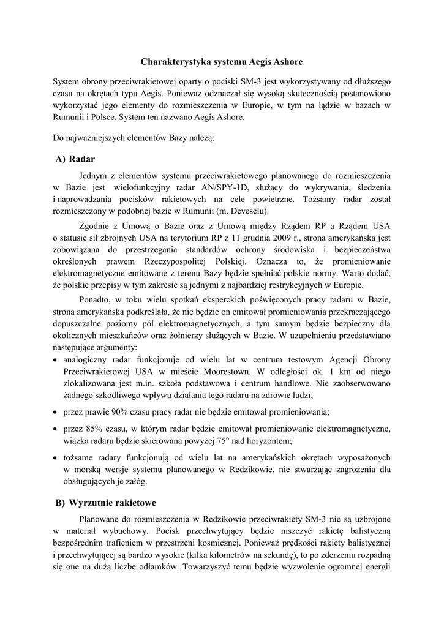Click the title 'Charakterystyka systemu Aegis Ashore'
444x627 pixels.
point(222,62)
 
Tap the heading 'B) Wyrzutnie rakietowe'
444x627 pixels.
point(105,503)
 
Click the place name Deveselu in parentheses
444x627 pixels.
point(190,211)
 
